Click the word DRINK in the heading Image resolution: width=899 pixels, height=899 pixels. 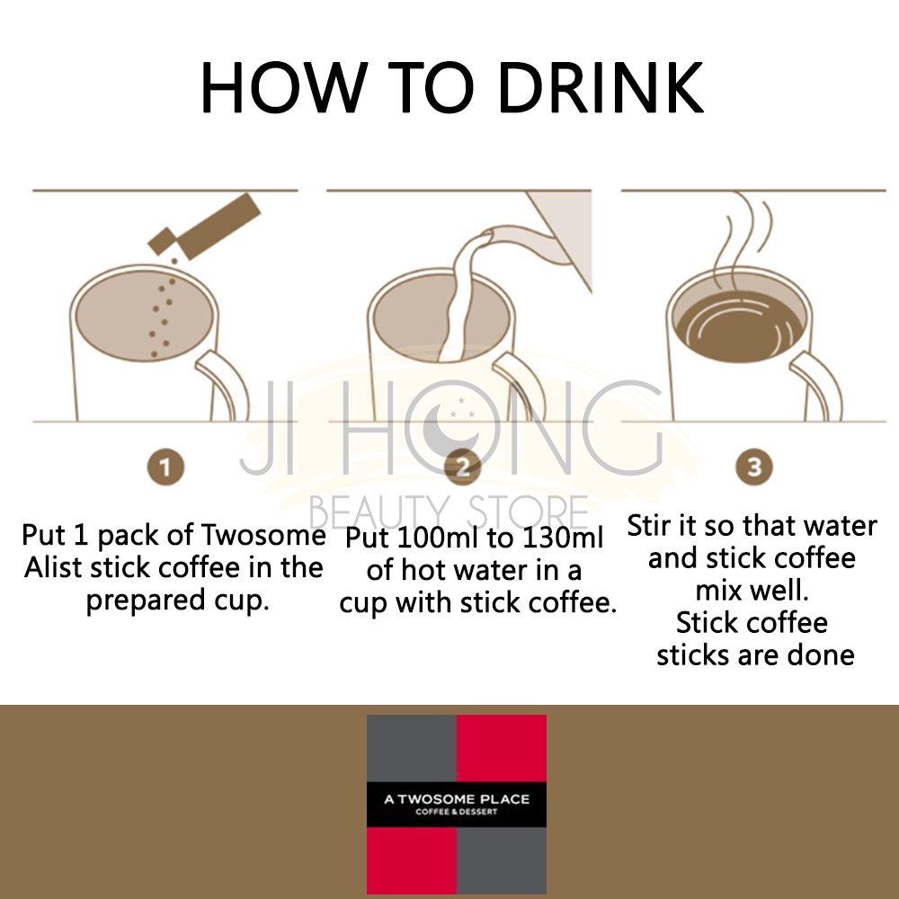(x=601, y=87)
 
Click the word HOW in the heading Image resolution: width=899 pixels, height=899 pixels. (x=284, y=87)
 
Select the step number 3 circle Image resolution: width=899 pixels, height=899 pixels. (x=754, y=466)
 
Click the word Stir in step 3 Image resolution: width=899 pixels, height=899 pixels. (x=646, y=525)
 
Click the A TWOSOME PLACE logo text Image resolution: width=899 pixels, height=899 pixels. (x=457, y=799)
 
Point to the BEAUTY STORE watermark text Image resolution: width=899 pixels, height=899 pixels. (x=449, y=512)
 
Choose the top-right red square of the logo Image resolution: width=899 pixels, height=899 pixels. (x=501, y=748)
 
